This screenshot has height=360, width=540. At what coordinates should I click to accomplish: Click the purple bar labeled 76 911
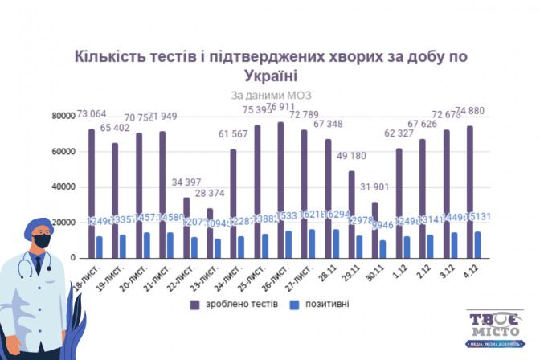pyautogui.click(x=280, y=190)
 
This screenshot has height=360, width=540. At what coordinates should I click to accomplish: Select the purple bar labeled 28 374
pyautogui.click(x=210, y=233)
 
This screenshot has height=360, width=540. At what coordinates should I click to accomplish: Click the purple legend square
pyautogui.click(x=194, y=305)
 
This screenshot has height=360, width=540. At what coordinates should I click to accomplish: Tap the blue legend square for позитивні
pyautogui.click(x=294, y=305)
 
